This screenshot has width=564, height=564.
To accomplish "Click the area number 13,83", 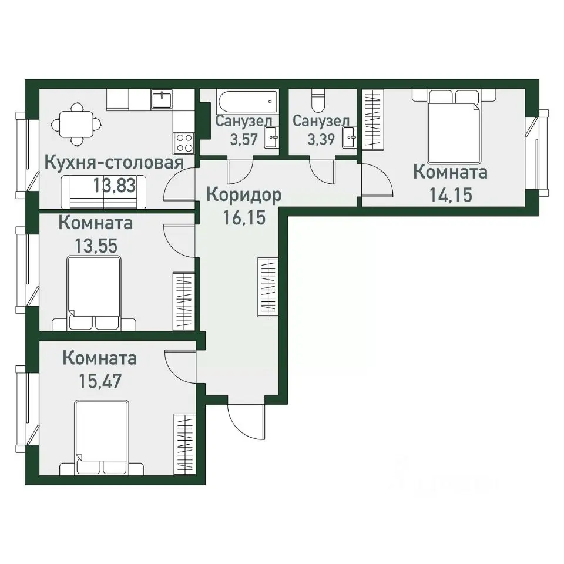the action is click(115, 186).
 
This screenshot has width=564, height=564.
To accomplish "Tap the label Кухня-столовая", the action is click(114, 163).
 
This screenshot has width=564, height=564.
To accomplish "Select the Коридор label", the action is click(244, 195).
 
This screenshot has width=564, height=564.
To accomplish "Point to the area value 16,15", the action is click(244, 217).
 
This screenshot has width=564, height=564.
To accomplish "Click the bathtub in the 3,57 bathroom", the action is click(247, 102).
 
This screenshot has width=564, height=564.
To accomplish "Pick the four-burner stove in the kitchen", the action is click(184, 142).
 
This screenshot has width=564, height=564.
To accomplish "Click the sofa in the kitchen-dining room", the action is click(103, 192).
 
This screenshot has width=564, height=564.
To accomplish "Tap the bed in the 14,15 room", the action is click(454, 126).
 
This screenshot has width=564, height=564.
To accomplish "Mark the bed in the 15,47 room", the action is click(102, 437).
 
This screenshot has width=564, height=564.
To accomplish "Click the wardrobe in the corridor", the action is click(268, 287).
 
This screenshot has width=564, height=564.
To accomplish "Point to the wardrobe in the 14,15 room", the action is click(373, 119).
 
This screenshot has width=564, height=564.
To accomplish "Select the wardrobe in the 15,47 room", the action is click(185, 444).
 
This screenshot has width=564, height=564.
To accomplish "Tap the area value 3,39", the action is click(321, 139).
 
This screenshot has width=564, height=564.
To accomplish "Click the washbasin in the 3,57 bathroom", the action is click(271, 137).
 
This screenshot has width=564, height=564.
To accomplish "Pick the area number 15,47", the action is click(100, 381).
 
